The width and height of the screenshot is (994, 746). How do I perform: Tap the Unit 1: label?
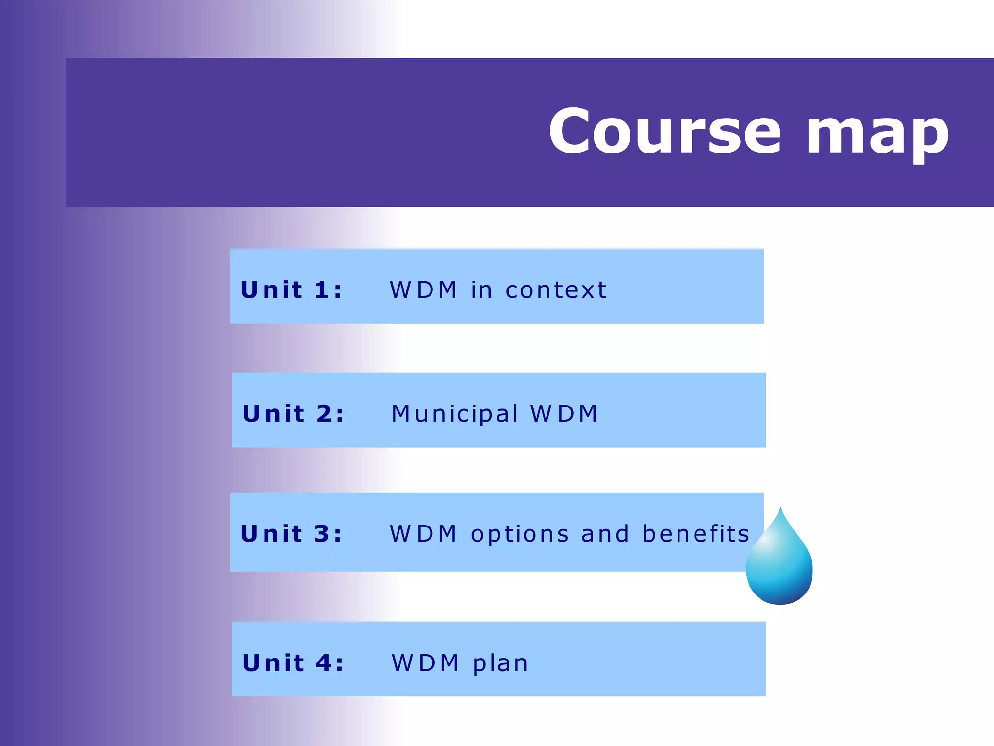pyautogui.click(x=291, y=290)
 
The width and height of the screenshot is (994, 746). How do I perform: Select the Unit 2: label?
pyautogui.click(x=293, y=414)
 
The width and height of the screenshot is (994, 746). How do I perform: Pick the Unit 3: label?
pyautogui.click(x=291, y=534)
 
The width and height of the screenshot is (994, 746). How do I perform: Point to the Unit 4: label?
pyautogui.click(x=293, y=663)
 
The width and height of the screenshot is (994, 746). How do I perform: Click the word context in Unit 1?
pyautogui.click(x=556, y=290)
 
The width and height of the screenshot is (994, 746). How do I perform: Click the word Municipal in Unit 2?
pyautogui.click(x=455, y=414)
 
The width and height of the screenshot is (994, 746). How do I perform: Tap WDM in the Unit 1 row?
pyautogui.click(x=423, y=290)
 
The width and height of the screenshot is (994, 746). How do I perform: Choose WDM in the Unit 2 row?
pyautogui.click(x=564, y=414)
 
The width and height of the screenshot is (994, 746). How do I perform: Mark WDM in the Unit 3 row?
pyautogui.click(x=423, y=534)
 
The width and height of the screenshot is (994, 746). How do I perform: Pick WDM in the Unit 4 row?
pyautogui.click(x=425, y=663)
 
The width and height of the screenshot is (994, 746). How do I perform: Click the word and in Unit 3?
pyautogui.click(x=605, y=534)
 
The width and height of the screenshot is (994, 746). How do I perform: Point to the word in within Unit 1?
pyautogui.click(x=481, y=290)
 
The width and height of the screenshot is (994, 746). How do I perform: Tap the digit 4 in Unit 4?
pyautogui.click(x=323, y=663)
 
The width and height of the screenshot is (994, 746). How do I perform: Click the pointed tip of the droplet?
pyautogui.click(x=780, y=509)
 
